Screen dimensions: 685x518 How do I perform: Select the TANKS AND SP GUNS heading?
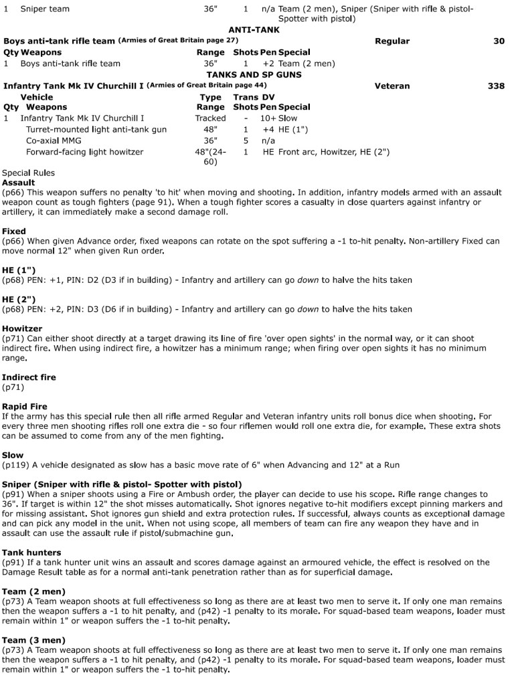point(254,75)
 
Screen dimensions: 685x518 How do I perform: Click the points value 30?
point(499,41)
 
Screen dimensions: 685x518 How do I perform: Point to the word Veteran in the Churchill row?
point(392,86)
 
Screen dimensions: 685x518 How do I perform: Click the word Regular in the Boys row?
point(392,41)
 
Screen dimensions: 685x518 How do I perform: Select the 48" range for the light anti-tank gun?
point(210,130)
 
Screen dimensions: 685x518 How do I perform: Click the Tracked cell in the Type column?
point(210,118)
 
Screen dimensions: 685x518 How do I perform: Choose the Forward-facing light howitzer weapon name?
point(84,153)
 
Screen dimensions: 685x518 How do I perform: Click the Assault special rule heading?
point(19,183)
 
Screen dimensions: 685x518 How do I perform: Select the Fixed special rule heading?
point(14,231)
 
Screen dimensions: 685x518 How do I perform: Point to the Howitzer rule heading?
point(22,329)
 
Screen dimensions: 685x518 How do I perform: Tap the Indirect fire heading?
point(29,378)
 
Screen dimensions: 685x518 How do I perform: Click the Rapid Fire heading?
point(25,407)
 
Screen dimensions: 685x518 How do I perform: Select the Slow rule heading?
point(13,456)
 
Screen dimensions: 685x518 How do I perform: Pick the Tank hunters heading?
point(31,553)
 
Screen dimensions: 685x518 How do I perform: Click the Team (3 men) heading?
point(33,640)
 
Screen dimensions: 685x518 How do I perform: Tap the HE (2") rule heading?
point(19,300)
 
